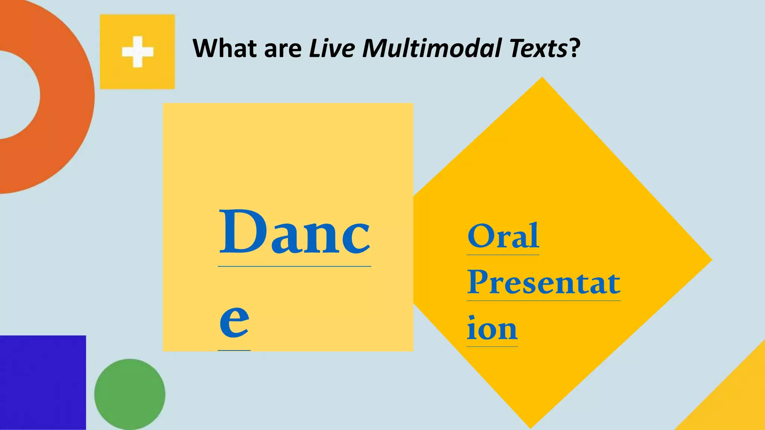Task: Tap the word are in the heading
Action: click(282, 49)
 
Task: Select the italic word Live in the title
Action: click(331, 48)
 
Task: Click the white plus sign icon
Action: click(137, 52)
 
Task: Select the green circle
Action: click(130, 394)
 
